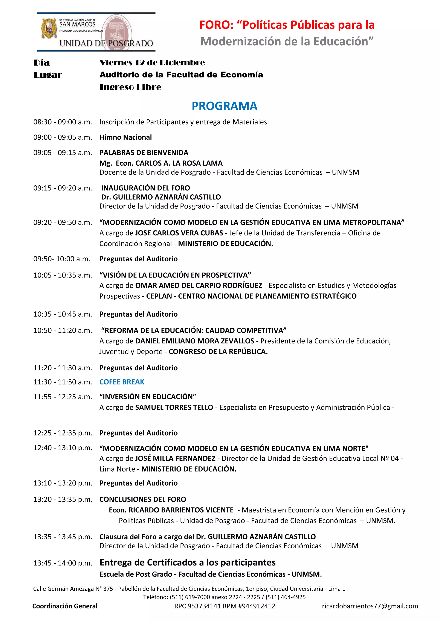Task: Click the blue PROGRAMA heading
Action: (x=224, y=106)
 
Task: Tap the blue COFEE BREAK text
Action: (x=122, y=382)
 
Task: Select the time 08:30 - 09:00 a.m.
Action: (x=63, y=122)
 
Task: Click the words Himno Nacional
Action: (x=125, y=137)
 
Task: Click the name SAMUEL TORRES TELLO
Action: (x=174, y=407)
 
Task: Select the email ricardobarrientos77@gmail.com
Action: (x=370, y=606)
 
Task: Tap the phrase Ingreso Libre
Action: (x=130, y=87)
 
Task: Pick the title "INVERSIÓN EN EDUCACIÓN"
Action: (x=148, y=397)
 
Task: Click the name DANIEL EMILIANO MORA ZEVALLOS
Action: (x=194, y=341)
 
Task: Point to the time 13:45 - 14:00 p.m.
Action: (x=63, y=563)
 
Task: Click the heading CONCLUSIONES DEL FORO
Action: (x=142, y=499)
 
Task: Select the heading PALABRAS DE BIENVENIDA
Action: (x=144, y=152)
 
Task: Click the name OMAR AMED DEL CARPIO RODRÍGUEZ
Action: (x=199, y=285)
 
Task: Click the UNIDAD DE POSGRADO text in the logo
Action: (x=106, y=43)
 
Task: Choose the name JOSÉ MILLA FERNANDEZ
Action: (x=175, y=458)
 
